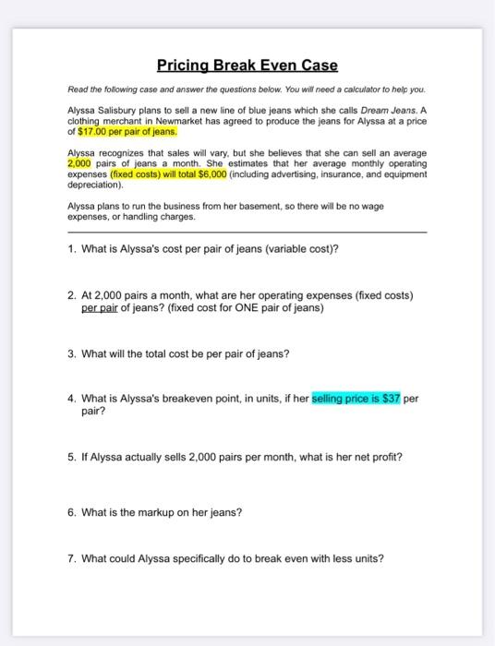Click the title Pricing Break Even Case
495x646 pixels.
point(247,66)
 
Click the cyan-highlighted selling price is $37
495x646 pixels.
point(356,399)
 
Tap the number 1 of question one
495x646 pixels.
point(71,249)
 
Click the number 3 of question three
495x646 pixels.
point(71,354)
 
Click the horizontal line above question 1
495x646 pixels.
point(247,233)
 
